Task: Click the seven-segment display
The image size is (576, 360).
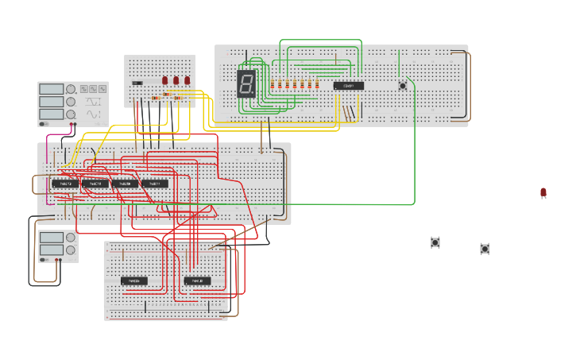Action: [x=246, y=83]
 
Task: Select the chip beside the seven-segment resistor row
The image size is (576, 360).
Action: [x=348, y=86]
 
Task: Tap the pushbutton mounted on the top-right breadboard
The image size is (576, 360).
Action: [x=402, y=85]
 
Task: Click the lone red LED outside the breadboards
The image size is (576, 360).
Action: [x=543, y=192]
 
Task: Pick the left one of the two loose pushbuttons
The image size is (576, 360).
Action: [x=435, y=242]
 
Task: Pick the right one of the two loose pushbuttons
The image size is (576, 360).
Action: [x=485, y=249]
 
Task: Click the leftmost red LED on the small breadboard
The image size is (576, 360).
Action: [x=165, y=80]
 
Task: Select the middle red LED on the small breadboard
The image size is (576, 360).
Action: [x=176, y=80]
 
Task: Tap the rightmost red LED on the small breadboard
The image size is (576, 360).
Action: [x=187, y=80]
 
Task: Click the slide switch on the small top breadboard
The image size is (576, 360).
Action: [x=137, y=83]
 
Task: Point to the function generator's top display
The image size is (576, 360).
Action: [x=51, y=90]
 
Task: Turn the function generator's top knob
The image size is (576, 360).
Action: [x=71, y=90]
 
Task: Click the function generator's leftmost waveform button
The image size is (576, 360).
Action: [x=83, y=89]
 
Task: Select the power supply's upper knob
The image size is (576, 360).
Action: [x=71, y=238]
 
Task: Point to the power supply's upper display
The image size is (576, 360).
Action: [x=51, y=238]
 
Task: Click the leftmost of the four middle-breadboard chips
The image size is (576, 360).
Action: [x=65, y=184]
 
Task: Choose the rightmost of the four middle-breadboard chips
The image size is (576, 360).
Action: [x=155, y=184]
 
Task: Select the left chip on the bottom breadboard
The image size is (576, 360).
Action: [x=134, y=281]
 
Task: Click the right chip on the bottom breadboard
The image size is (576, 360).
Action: [x=197, y=281]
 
